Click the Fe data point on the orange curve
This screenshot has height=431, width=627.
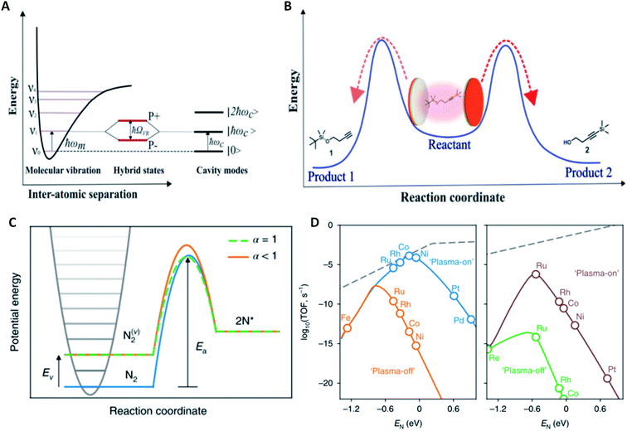(347, 328)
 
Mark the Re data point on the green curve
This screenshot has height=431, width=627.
(489, 350)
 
